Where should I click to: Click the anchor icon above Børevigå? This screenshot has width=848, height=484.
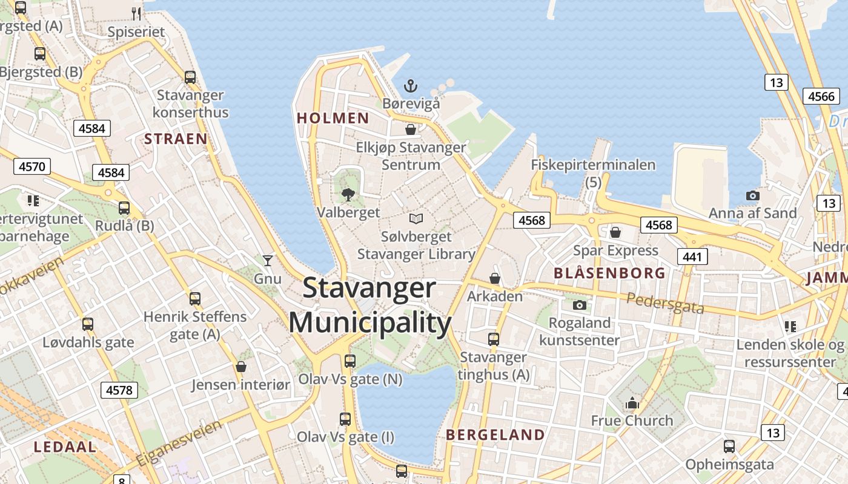click(x=411, y=85)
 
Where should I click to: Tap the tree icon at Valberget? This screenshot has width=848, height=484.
click(x=348, y=194)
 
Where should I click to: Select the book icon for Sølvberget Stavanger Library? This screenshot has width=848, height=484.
click(x=416, y=218)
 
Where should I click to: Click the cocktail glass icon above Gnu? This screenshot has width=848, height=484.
click(x=268, y=260)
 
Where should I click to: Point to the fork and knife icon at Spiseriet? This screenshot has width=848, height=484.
click(x=136, y=13)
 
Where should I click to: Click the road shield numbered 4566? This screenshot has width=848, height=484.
click(x=821, y=96)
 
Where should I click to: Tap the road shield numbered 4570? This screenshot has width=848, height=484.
click(x=31, y=166)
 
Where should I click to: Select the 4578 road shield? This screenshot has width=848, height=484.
click(x=119, y=390)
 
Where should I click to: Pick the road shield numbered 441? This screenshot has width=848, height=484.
click(x=692, y=257)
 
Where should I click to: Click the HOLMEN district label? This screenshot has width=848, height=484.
click(x=333, y=118)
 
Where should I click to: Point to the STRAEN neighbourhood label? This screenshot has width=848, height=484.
click(x=176, y=139)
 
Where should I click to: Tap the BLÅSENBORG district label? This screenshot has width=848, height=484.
click(x=609, y=273)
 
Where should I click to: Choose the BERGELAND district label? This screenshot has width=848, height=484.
click(x=495, y=434)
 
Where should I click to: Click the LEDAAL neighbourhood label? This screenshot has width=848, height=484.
click(x=65, y=447)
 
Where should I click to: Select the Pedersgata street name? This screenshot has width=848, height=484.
click(x=665, y=303)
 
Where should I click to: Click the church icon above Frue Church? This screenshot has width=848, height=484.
click(x=632, y=402)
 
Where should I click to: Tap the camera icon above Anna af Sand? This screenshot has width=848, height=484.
click(x=752, y=195)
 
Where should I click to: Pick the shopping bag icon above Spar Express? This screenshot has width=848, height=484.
click(x=615, y=232)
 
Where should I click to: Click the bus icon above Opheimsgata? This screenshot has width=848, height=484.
click(x=729, y=446)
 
